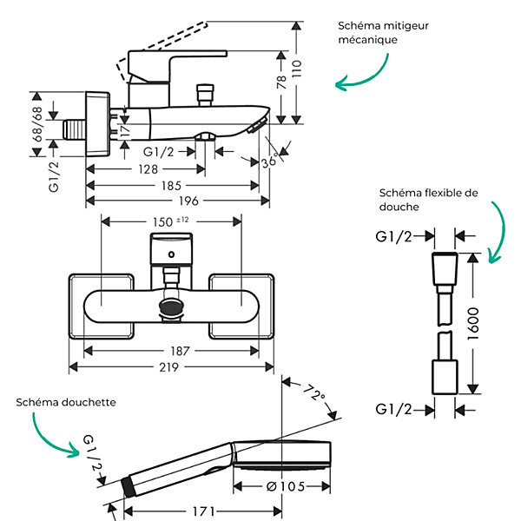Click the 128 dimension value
point(148,169)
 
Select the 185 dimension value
point(171,186)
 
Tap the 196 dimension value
point(188,201)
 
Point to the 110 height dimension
point(297,69)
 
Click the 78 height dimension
point(281,82)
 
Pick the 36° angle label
point(269,162)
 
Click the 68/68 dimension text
point(37,124)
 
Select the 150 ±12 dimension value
point(171,221)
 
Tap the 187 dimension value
point(180,351)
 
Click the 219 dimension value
point(168,367)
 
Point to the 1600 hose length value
point(473,324)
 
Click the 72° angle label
point(314,392)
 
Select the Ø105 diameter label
point(286,487)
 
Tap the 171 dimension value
point(204,511)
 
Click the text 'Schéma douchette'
point(66,402)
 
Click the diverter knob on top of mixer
point(205,96)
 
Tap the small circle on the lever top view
point(171,254)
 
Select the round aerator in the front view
point(171,306)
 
